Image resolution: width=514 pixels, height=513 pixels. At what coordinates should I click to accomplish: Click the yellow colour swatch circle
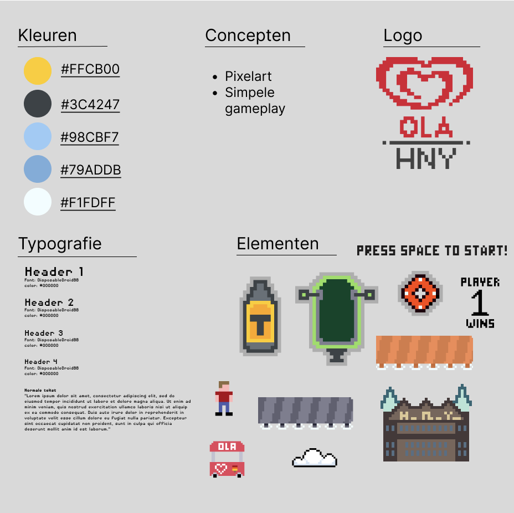click(x=38, y=71)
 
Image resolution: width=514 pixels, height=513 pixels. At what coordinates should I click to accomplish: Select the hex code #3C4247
click(x=90, y=105)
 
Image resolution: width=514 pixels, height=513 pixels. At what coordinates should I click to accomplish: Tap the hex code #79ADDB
click(x=90, y=170)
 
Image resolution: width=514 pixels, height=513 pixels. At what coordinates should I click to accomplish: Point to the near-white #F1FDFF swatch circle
click(x=38, y=202)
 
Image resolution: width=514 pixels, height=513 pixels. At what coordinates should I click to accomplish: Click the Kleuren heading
click(x=48, y=35)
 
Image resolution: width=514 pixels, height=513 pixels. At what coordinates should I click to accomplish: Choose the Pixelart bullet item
click(x=248, y=76)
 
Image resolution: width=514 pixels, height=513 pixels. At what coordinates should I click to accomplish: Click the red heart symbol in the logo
click(x=425, y=83)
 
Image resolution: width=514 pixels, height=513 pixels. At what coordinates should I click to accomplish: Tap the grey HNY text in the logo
click(x=426, y=158)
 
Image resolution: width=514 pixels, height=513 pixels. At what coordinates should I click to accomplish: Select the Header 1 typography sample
click(x=54, y=271)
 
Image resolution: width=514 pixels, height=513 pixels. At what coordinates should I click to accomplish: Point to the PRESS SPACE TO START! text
click(x=432, y=251)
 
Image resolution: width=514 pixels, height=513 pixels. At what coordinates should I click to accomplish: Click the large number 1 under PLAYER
click(x=480, y=304)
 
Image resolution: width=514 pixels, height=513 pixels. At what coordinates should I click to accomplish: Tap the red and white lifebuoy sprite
click(x=420, y=293)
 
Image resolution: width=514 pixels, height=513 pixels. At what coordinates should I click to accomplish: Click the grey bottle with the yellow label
click(x=259, y=318)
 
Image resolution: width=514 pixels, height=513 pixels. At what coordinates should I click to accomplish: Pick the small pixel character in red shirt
click(x=224, y=398)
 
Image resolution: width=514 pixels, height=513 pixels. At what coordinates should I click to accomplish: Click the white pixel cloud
click(x=314, y=458)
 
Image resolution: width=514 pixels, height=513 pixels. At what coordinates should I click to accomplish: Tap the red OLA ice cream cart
click(x=227, y=459)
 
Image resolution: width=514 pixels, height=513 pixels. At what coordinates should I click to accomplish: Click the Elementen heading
click(x=277, y=244)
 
